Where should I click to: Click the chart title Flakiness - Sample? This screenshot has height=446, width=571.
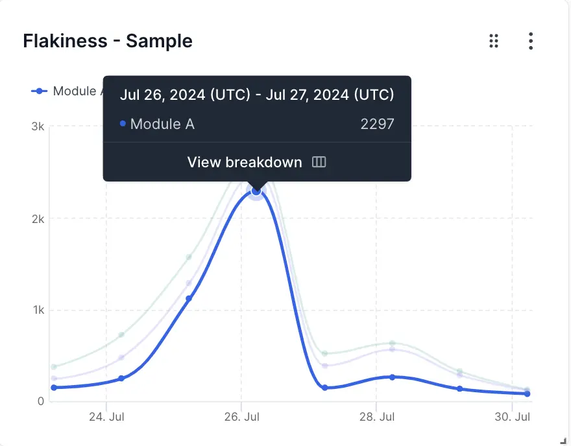pyautogui.click(x=108, y=41)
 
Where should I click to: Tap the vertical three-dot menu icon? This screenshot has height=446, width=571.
pyautogui.click(x=531, y=41)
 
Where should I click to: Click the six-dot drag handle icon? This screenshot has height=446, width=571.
pyautogui.click(x=494, y=41)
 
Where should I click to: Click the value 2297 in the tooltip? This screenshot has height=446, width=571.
pyautogui.click(x=377, y=124)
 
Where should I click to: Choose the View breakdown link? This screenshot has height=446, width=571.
pyautogui.click(x=245, y=162)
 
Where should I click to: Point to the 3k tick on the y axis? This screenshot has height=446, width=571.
pyautogui.click(x=38, y=126)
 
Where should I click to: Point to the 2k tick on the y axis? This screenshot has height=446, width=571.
pyautogui.click(x=38, y=218)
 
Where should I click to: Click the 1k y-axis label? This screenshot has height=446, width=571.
pyautogui.click(x=38, y=310)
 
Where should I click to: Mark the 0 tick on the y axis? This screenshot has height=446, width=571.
pyautogui.click(x=40, y=401)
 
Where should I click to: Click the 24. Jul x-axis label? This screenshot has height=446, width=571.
pyautogui.click(x=106, y=417)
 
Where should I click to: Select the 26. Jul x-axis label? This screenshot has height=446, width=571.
pyautogui.click(x=241, y=417)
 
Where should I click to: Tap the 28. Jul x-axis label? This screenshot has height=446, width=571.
pyautogui.click(x=377, y=417)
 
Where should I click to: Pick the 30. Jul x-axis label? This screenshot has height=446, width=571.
pyautogui.click(x=513, y=417)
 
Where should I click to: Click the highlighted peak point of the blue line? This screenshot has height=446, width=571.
pyautogui.click(x=256, y=191)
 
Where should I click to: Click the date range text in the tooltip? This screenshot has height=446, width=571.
pyautogui.click(x=257, y=95)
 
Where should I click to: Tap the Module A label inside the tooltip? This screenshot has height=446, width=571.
pyautogui.click(x=162, y=124)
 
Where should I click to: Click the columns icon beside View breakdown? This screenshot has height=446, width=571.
pyautogui.click(x=319, y=162)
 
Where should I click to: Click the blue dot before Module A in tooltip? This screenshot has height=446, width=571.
pyautogui.click(x=123, y=124)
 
